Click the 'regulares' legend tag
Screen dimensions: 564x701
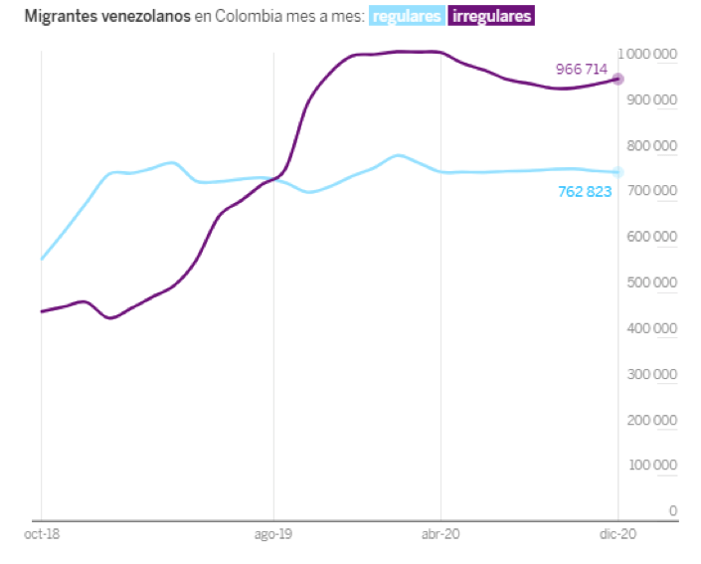pyautogui.click(x=407, y=17)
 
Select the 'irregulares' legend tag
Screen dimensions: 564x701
pyautogui.click(x=491, y=17)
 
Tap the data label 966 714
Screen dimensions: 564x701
pyautogui.click(x=582, y=70)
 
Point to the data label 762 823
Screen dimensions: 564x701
pyautogui.click(x=585, y=191)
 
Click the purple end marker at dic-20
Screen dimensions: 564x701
pyautogui.click(x=617, y=79)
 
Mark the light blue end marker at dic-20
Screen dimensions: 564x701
pyautogui.click(x=617, y=172)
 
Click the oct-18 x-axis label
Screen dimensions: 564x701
pyautogui.click(x=41, y=534)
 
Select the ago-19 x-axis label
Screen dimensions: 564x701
pyautogui.click(x=273, y=534)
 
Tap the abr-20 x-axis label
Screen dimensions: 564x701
pyautogui.click(x=440, y=534)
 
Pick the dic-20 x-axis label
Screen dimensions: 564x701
pyautogui.click(x=617, y=534)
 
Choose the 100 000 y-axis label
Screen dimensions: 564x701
pyautogui.click(x=652, y=466)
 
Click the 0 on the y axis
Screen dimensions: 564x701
pyautogui.click(x=673, y=511)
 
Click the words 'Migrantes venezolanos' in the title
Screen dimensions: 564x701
pyautogui.click(x=94, y=17)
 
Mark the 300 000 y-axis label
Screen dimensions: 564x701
pyautogui.click(x=652, y=374)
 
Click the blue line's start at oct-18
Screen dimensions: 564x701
pyautogui.click(x=42, y=259)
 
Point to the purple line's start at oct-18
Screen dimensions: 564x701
pyautogui.click(x=42, y=311)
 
